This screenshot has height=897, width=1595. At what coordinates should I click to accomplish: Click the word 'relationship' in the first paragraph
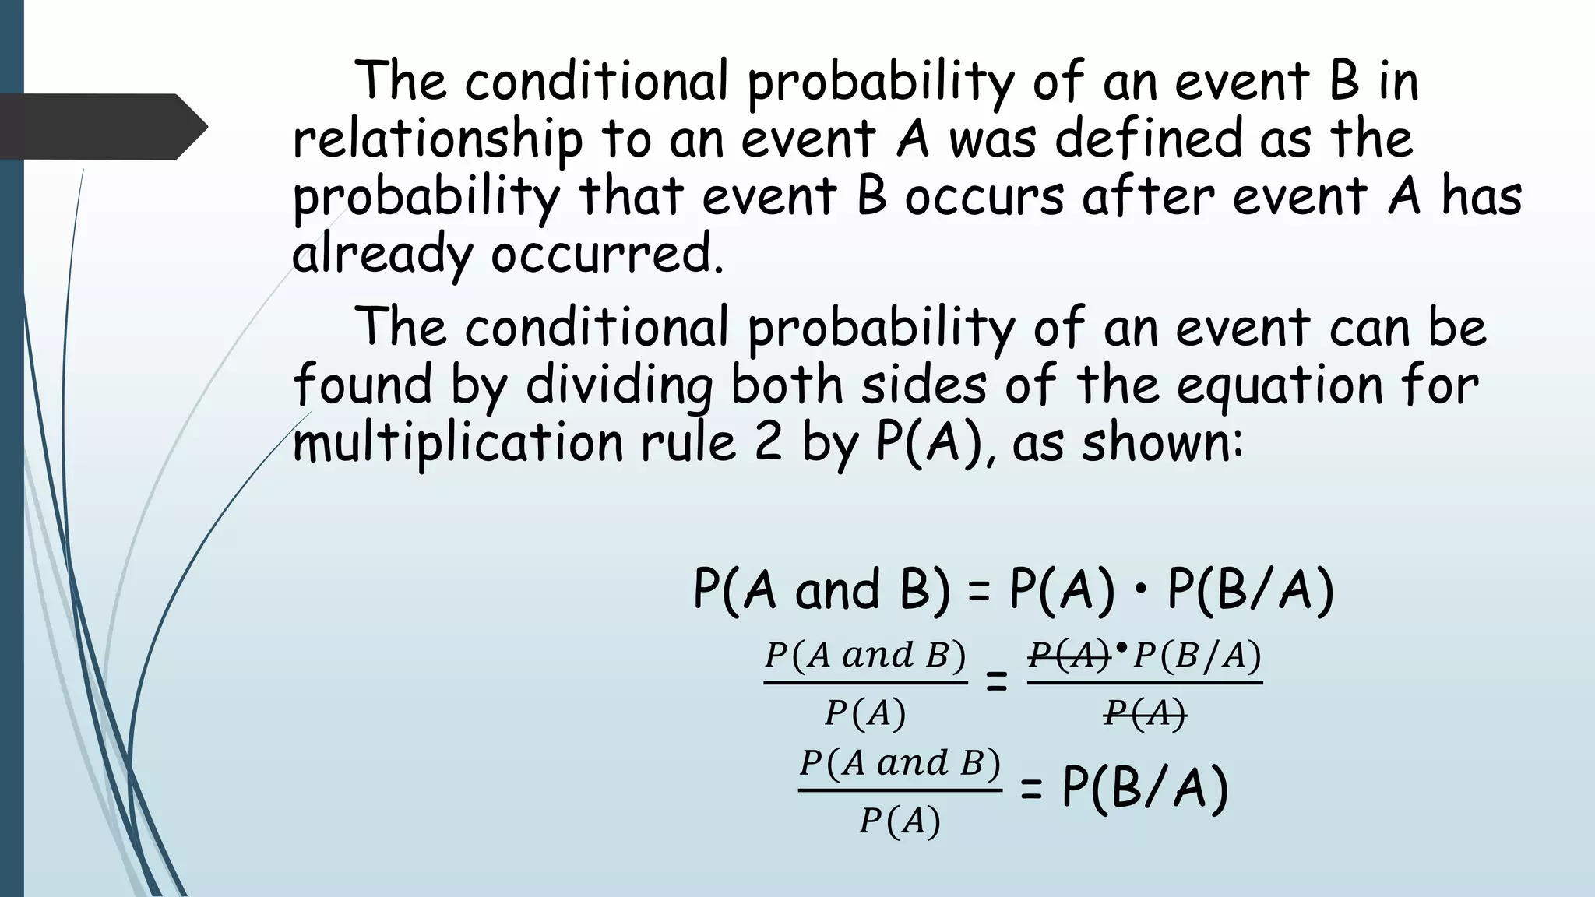point(437,139)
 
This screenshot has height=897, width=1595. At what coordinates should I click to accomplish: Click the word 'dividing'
point(619,385)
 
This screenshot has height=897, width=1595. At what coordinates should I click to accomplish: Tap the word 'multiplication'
point(458,443)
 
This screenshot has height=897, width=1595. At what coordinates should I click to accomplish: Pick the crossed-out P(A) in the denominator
point(1145,712)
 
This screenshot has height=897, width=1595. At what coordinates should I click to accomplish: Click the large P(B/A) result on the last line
point(1145,788)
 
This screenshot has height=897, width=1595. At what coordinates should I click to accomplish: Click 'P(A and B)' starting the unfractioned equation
point(822,589)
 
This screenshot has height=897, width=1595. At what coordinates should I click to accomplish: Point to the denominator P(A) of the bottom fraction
point(900,821)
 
